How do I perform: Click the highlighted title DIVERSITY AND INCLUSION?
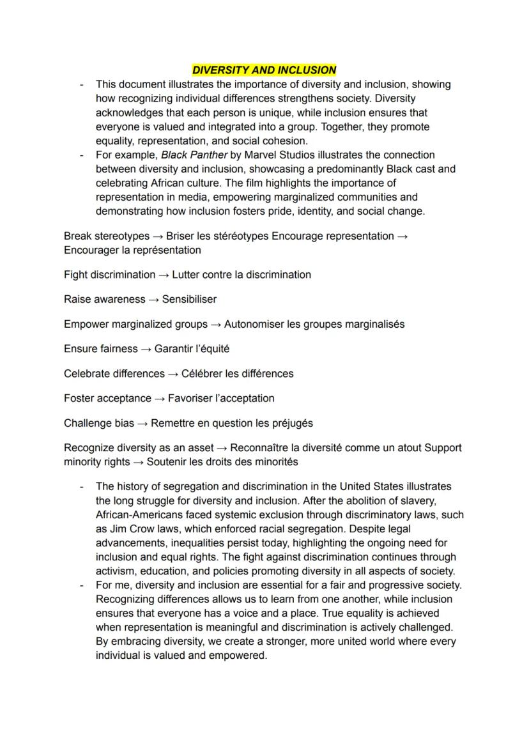[264, 70]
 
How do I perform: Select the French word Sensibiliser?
[189, 299]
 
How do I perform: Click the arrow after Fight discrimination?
[164, 275]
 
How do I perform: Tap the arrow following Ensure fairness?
[146, 349]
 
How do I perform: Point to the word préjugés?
[291, 423]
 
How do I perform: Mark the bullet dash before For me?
[81, 585]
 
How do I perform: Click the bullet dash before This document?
[81, 84]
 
